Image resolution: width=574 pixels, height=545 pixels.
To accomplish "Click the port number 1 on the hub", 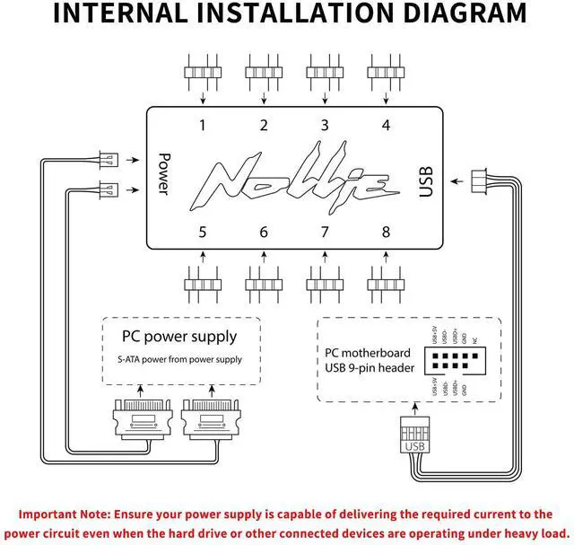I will point(203,126).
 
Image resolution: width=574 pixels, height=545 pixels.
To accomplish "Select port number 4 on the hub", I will point(386,126).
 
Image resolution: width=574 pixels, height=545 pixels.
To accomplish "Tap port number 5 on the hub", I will point(203,233).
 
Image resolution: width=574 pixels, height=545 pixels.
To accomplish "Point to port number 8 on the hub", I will point(386,233).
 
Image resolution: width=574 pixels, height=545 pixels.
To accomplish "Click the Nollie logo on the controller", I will point(292,180).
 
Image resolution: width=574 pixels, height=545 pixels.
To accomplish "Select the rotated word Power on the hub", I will point(163,171).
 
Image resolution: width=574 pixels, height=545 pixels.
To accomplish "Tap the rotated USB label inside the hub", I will point(425,180).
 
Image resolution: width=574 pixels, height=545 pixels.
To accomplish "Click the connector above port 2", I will point(264,71).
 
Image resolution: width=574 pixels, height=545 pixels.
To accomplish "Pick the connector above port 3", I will point(325,71).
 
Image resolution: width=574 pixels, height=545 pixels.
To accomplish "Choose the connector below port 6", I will point(264,286).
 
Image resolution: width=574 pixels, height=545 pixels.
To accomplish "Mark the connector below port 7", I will point(325,286).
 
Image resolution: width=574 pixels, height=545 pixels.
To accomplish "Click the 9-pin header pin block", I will point(457,361).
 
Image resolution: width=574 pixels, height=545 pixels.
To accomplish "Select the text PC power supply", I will point(179,338).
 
